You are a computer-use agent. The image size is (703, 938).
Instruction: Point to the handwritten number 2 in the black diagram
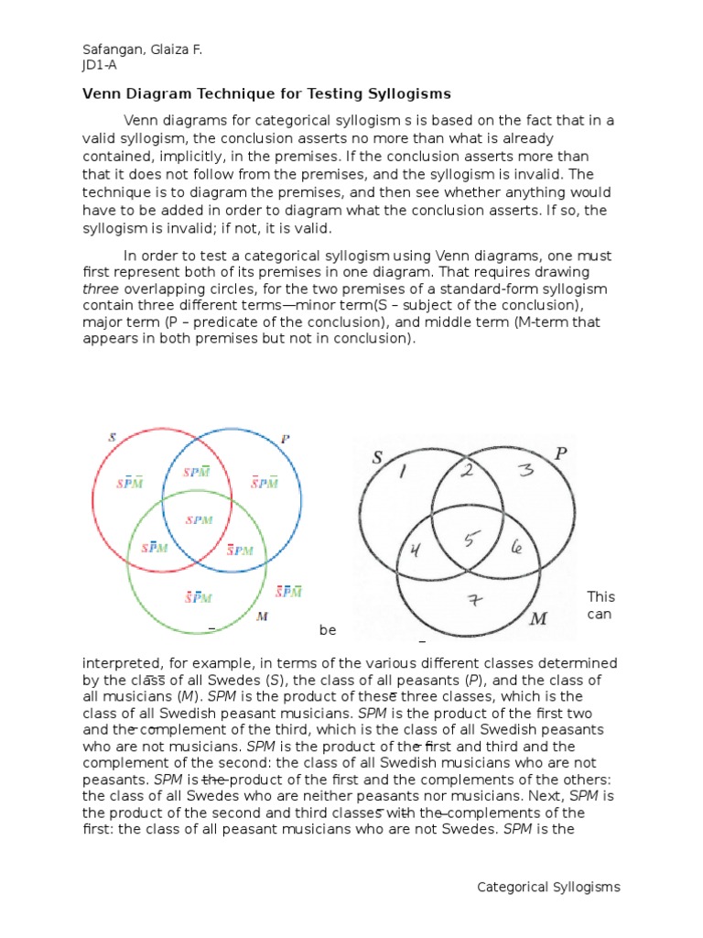(x=467, y=472)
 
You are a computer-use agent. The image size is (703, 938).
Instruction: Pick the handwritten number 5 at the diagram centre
(x=470, y=539)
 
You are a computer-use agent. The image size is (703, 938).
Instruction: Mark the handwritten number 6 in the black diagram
(x=516, y=548)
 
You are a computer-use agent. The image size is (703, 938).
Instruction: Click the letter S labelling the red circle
(x=112, y=437)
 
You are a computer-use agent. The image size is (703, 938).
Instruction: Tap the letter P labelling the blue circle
(x=286, y=438)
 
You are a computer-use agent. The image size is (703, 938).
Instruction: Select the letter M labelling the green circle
(x=263, y=616)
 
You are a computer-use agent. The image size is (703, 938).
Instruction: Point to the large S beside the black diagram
(x=376, y=457)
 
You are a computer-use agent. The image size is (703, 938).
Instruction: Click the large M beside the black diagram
(x=538, y=620)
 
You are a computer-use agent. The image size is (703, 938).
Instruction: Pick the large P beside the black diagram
(x=561, y=453)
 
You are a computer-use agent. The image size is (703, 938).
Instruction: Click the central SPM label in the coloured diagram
(x=199, y=519)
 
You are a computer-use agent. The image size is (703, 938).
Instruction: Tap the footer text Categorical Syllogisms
(x=549, y=887)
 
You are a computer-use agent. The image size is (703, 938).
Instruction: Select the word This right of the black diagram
(x=601, y=596)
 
